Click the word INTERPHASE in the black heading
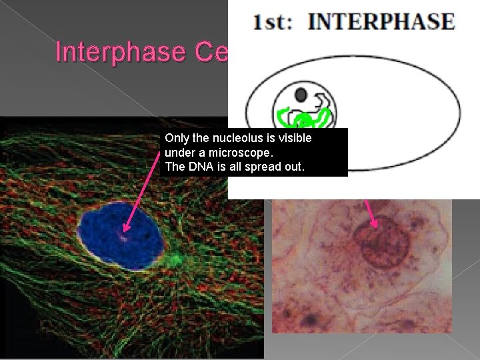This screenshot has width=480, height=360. click(381, 21)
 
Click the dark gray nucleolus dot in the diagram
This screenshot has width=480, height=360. click(301, 94)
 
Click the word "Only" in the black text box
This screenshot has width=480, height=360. click(177, 138)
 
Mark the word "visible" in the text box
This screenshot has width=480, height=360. click(294, 138)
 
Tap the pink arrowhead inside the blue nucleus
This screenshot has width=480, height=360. click(125, 233)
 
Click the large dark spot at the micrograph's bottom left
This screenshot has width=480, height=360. click(307, 321)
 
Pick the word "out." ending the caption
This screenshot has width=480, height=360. click(293, 167)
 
